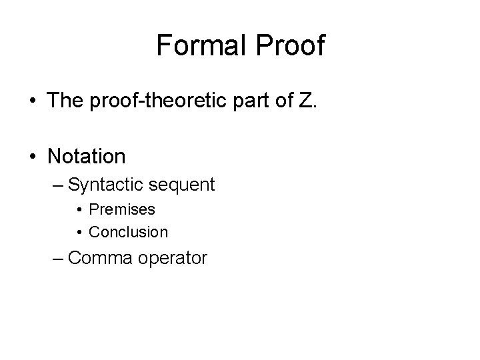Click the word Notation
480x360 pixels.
point(86,157)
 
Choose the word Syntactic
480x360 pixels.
point(107,185)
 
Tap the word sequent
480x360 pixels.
point(183,185)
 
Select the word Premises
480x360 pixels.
point(122,209)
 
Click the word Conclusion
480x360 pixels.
point(129,232)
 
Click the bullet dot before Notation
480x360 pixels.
point(33,157)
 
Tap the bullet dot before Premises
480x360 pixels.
point(79,210)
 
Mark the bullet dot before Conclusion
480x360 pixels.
point(79,233)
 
